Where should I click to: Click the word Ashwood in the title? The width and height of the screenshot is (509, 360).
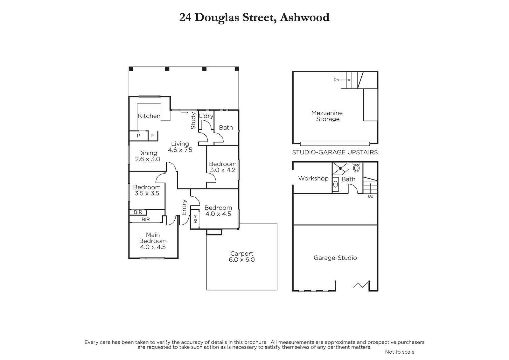[x=304, y=18]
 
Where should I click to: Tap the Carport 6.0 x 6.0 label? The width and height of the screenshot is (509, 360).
[x=242, y=257]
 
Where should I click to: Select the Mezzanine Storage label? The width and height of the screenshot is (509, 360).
[x=327, y=116]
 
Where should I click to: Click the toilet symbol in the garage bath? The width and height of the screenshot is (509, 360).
[x=356, y=168]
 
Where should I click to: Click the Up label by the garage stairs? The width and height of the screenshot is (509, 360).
[x=370, y=196]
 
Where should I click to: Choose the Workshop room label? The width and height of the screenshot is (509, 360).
[x=313, y=178]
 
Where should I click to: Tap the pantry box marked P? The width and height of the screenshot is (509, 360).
[x=138, y=136]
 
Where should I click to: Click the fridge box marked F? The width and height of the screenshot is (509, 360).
[x=153, y=136]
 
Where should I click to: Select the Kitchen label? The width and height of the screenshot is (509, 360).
[x=149, y=116]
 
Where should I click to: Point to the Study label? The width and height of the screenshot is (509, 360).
[x=193, y=121]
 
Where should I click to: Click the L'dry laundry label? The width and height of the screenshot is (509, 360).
[x=206, y=116]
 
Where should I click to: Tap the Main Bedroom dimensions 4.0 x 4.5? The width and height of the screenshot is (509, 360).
[x=153, y=247]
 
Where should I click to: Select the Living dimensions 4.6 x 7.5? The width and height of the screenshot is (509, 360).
[x=180, y=150]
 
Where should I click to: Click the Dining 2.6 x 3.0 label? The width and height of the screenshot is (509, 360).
[x=148, y=156]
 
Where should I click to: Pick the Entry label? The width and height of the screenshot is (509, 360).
[x=184, y=207]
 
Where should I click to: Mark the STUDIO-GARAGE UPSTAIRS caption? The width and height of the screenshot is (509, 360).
[x=335, y=152]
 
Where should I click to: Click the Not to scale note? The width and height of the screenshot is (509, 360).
[x=400, y=352]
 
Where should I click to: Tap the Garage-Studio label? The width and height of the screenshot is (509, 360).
[x=335, y=258]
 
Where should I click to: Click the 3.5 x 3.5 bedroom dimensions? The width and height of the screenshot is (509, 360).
[x=147, y=193]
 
